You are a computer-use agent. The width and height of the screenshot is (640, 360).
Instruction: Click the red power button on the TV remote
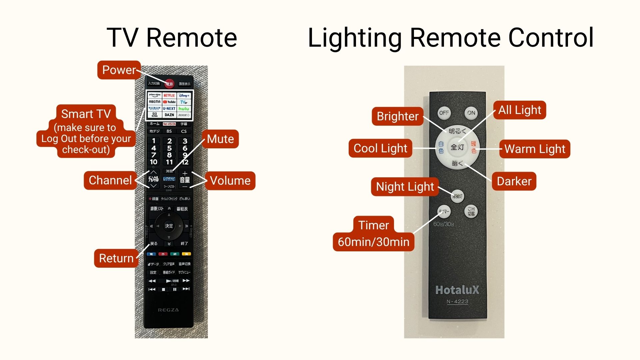click(x=169, y=84)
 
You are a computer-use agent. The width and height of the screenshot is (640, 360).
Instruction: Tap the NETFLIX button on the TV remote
click(x=169, y=95)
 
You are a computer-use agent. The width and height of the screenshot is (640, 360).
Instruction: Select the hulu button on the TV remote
click(x=184, y=109)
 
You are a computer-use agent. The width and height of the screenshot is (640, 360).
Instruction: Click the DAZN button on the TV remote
click(x=169, y=115)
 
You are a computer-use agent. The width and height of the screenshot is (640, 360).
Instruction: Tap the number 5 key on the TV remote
click(x=169, y=148)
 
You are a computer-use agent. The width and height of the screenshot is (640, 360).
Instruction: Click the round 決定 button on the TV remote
click(x=169, y=226)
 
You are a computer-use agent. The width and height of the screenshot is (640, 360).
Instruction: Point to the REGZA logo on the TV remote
click(x=168, y=310)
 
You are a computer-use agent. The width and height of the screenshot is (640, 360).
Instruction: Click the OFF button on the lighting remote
click(x=444, y=113)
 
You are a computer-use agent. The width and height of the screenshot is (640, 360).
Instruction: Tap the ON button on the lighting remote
click(x=471, y=113)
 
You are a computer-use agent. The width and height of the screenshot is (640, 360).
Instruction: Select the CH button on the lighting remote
click(x=471, y=211)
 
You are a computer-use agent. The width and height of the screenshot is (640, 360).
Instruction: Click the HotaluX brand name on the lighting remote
click(x=457, y=290)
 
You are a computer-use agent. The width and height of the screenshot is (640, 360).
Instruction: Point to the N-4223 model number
click(x=457, y=302)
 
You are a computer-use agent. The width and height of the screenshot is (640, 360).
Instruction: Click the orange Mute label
click(x=220, y=139)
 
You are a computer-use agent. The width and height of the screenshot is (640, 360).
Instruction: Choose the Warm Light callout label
click(x=535, y=149)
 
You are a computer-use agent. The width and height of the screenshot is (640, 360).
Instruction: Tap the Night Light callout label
click(x=405, y=187)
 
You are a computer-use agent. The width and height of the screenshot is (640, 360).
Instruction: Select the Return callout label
click(x=116, y=258)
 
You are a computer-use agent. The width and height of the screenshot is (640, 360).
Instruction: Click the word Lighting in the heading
click(x=355, y=38)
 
